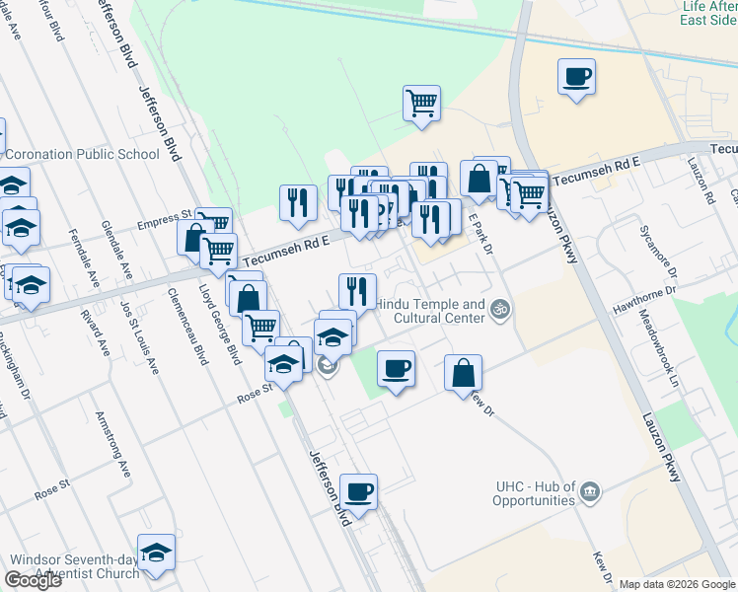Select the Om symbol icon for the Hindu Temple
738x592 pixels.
pyautogui.click(x=501, y=310)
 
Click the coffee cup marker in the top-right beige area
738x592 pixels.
pyautogui.click(x=576, y=75)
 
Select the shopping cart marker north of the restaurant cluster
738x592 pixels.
pyautogui.click(x=421, y=101)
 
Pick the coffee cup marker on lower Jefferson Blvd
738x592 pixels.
pyautogui.click(x=358, y=490)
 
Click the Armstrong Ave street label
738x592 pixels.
pyautogui.click(x=113, y=445)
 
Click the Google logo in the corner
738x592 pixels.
pyautogui.click(x=33, y=580)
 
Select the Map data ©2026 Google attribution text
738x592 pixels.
pyautogui.click(x=677, y=584)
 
